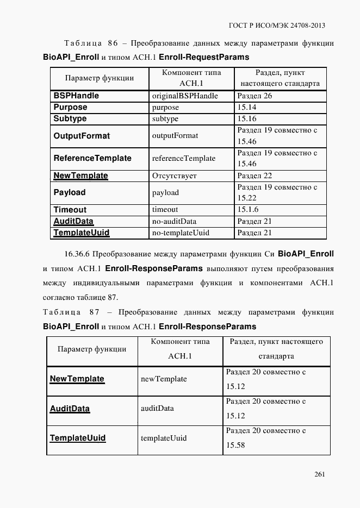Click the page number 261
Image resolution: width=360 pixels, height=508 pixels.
(319, 474)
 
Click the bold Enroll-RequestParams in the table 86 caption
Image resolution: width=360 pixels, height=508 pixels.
(204, 57)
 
